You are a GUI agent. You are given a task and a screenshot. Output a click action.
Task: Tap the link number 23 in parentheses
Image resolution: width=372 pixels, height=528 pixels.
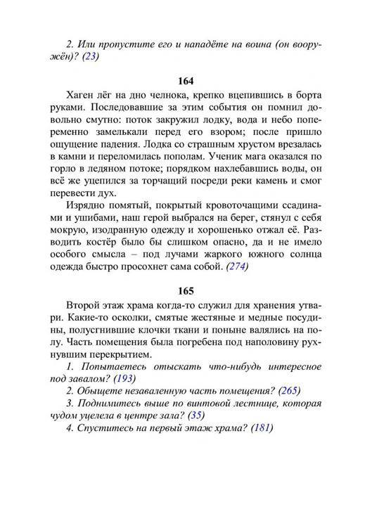89,58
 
